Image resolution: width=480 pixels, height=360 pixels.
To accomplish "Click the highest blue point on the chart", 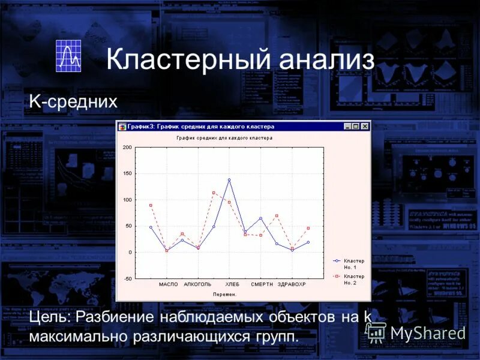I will pos(229,179).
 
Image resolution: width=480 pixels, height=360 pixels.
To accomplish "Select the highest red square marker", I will pos(214,193).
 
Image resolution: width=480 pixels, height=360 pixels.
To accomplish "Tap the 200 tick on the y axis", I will pos(127,147).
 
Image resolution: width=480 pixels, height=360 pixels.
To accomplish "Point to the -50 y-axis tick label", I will pos(127,279).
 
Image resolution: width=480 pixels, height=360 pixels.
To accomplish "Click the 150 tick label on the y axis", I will pos(127,173).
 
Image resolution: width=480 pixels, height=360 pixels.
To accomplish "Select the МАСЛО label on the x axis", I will pos(169,284).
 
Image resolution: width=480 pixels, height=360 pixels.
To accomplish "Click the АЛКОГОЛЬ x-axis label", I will pos(197,284).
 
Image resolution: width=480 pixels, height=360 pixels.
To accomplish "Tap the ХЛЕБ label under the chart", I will pos(232,284).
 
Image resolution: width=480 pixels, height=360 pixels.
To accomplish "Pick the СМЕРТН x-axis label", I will pos(262,284).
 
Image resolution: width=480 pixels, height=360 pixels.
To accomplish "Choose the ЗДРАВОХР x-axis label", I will pos(292,284).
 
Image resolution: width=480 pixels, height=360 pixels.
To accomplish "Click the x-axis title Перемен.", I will pos(225,294).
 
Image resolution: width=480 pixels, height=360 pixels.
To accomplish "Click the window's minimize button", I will pos(347,127).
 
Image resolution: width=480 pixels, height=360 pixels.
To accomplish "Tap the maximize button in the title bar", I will pos(355,127).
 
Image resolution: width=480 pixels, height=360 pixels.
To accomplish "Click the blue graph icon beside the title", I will pos(68,56).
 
